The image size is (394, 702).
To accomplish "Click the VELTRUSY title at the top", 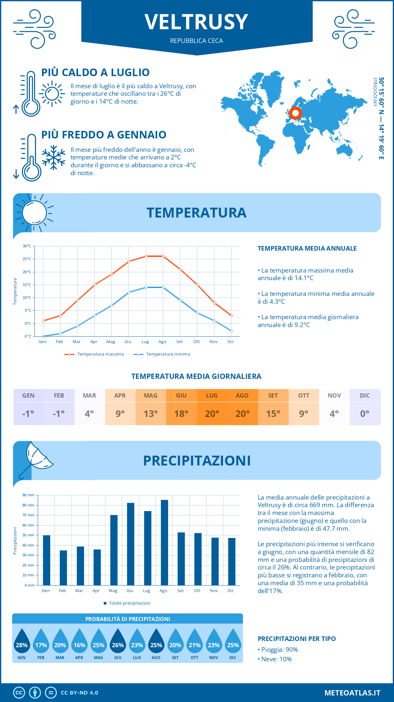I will click(x=196, y=22).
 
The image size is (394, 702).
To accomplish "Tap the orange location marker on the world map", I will click(x=295, y=113).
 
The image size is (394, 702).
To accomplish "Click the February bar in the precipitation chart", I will click(x=63, y=568).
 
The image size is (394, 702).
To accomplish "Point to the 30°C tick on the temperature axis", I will click(x=27, y=246).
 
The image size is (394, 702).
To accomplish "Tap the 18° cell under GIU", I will click(x=181, y=414).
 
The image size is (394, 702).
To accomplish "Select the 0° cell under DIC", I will click(x=365, y=414).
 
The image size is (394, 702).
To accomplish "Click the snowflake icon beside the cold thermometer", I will click(x=54, y=157).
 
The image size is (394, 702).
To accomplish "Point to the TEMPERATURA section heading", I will click(x=196, y=213).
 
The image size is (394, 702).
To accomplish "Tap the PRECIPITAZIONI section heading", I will click(x=197, y=461).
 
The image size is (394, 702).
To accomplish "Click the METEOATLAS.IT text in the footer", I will click(x=352, y=693).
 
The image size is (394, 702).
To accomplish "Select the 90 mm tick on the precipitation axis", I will click(x=29, y=495).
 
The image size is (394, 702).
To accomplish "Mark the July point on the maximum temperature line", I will click(x=146, y=256).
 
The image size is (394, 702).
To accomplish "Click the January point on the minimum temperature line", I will click(x=43, y=336).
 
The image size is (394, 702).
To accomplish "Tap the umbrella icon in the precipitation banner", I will click(x=35, y=459).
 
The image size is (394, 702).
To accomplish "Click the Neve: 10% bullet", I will click(x=275, y=659).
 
